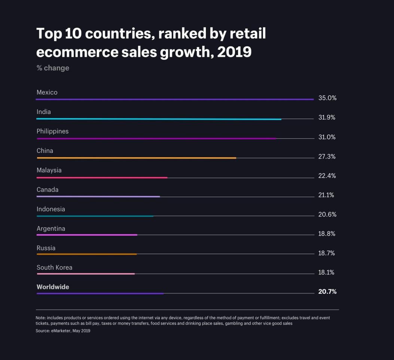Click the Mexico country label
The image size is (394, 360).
[x=47, y=92]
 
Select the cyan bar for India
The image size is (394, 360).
[x=159, y=119]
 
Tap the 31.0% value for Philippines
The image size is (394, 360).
[x=327, y=137]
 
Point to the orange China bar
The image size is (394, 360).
[x=137, y=158]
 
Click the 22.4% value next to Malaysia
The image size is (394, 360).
[x=327, y=176]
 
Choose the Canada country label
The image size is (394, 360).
[x=48, y=190]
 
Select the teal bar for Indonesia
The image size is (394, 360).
[x=95, y=216]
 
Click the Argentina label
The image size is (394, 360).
[x=51, y=228]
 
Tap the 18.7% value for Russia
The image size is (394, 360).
[x=326, y=253]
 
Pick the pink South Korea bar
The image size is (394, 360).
[x=86, y=274]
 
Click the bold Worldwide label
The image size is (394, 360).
[x=53, y=287]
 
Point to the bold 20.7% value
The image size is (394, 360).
[x=327, y=292]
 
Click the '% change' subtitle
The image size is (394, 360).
[x=53, y=68]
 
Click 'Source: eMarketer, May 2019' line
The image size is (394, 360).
[x=63, y=331]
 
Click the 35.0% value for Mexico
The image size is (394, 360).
[x=327, y=98]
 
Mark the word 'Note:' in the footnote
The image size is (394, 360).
[x=41, y=318]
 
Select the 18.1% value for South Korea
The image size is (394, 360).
[x=326, y=273]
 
